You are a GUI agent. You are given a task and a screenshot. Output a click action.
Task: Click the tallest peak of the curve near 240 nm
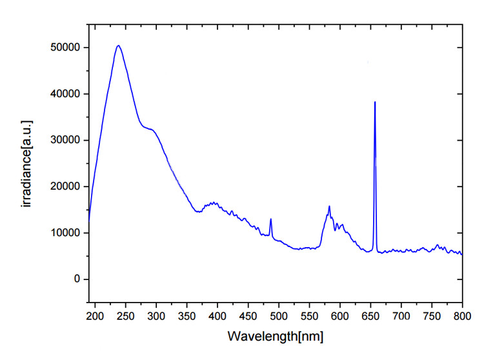click(x=118, y=46)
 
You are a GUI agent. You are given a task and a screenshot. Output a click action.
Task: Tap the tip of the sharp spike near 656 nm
click(x=375, y=102)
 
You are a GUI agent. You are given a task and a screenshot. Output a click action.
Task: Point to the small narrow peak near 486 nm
click(x=271, y=219)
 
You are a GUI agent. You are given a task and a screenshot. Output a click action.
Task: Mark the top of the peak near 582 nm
click(x=329, y=206)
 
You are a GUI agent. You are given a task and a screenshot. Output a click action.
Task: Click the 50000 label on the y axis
click(x=66, y=48)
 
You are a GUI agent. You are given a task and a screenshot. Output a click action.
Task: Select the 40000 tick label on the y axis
click(x=66, y=94)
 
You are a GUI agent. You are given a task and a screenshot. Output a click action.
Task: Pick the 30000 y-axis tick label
click(x=66, y=140)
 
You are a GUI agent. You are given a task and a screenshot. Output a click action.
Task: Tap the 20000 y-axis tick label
click(x=66, y=186)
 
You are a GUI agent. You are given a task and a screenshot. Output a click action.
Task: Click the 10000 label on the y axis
click(x=66, y=233)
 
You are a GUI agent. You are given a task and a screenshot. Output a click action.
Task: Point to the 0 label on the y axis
click(x=76, y=279)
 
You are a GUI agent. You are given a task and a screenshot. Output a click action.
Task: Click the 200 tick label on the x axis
click(x=95, y=316)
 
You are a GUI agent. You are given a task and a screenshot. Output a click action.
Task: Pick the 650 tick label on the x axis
click(x=370, y=316)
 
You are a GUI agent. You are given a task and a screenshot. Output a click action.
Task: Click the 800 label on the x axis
click(x=462, y=316)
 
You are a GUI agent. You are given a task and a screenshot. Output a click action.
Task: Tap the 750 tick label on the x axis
click(x=432, y=316)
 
